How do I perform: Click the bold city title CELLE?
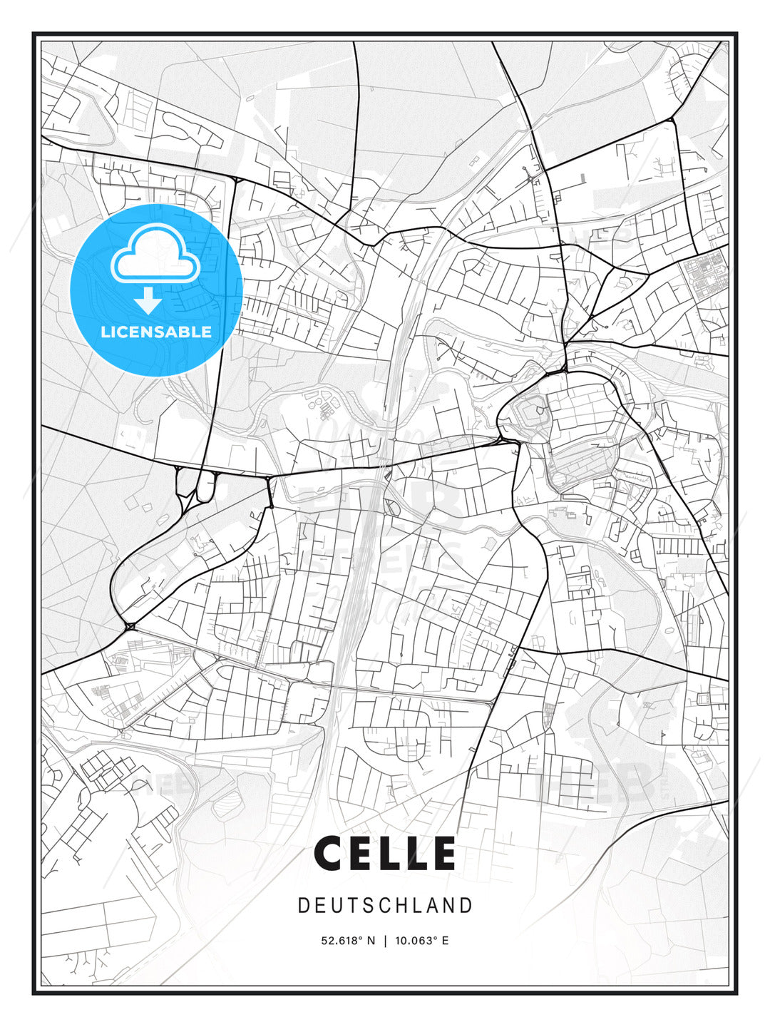click(x=385, y=854)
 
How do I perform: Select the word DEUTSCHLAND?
click(x=385, y=906)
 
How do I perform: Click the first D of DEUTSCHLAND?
click(x=303, y=906)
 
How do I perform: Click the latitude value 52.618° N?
click(x=348, y=941)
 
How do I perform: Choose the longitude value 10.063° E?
click(x=421, y=941)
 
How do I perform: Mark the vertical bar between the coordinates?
click(x=385, y=941)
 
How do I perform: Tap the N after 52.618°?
click(x=371, y=941)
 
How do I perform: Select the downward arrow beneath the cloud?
click(x=148, y=300)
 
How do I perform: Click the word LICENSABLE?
click(x=156, y=332)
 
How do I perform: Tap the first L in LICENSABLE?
click(x=105, y=332)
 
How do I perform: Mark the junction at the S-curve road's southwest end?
click(x=130, y=626)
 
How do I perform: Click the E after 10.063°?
click(x=445, y=941)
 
